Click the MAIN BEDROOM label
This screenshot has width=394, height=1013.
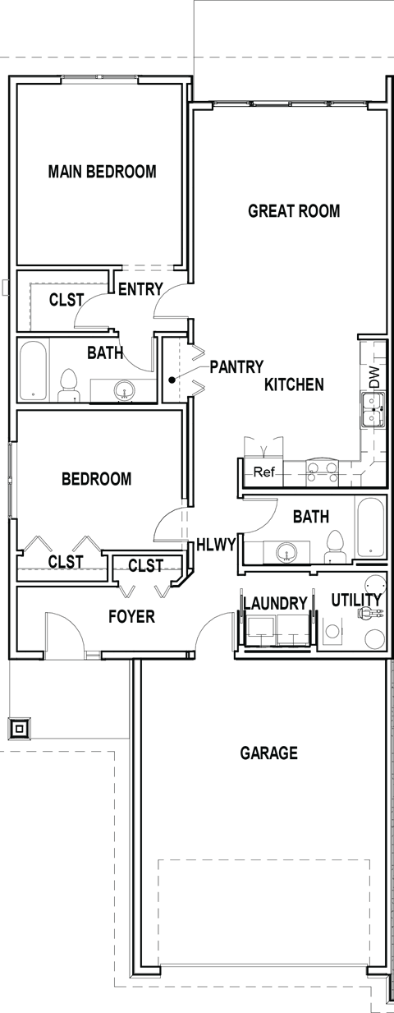[102, 173]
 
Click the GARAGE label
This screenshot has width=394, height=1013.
[268, 753]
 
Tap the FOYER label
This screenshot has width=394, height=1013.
[132, 615]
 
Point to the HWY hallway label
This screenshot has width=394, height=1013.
[218, 543]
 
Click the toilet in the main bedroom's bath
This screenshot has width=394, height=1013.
[69, 383]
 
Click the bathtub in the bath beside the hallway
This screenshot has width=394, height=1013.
[370, 528]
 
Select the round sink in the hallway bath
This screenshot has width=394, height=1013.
[286, 550]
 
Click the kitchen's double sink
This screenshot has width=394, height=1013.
[323, 471]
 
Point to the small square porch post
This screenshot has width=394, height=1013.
[19, 727]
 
